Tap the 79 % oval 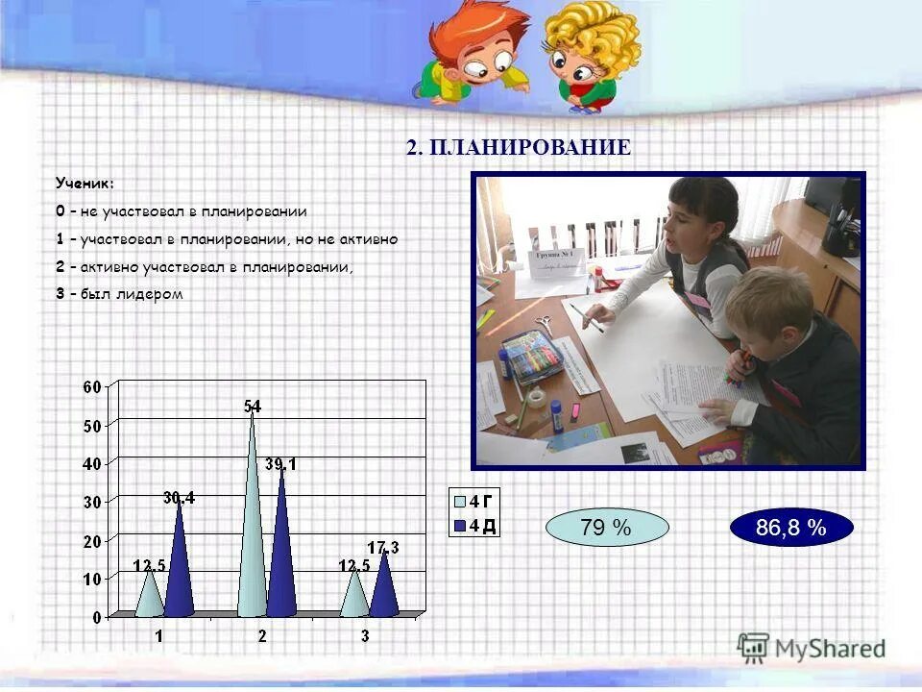[606, 528]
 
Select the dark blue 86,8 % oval [790, 528]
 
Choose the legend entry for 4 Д [476, 526]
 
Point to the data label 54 [253, 406]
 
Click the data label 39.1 [280, 464]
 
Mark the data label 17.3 [385, 547]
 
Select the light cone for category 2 [252, 538]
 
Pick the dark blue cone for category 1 [180, 567]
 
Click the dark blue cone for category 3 [383, 586]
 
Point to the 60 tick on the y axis [91, 386]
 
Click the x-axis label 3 [365, 636]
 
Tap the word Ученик [84, 183]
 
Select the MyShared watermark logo [812, 648]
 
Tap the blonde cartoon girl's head [588, 43]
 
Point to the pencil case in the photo [530, 358]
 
